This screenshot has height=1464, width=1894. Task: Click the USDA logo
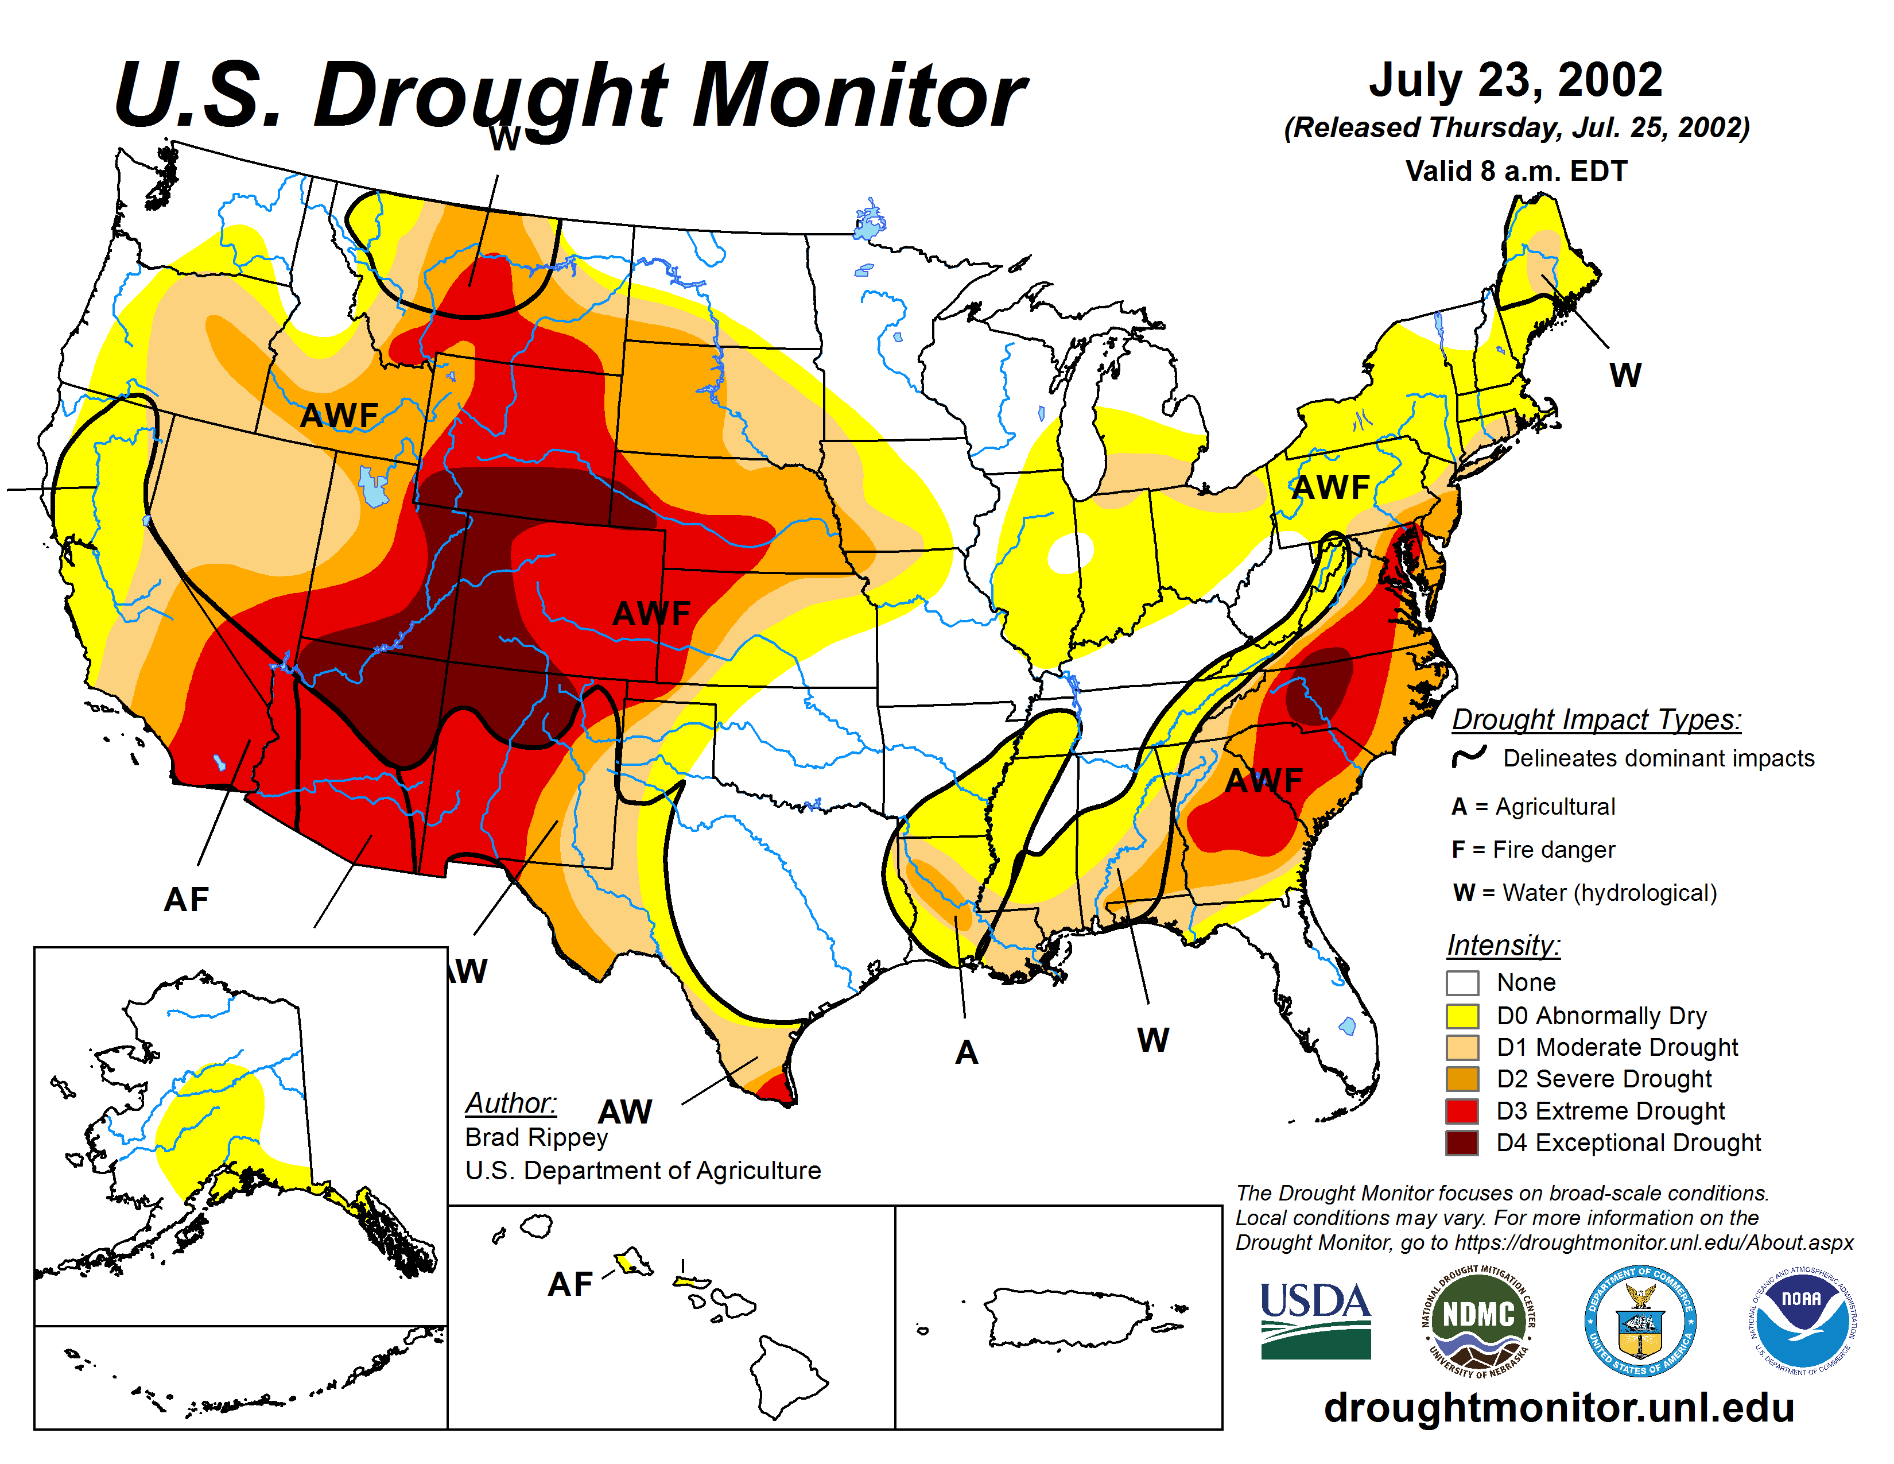click(x=1315, y=1320)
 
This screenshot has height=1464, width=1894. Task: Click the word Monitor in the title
click(x=859, y=95)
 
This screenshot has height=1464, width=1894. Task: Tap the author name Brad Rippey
click(x=536, y=1137)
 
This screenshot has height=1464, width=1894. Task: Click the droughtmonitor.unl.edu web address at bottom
click(x=1558, y=1407)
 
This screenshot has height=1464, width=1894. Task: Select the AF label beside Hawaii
click(x=570, y=1284)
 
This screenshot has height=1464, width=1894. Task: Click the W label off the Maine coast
click(x=1624, y=375)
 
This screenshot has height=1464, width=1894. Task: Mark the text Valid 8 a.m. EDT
click(x=1516, y=171)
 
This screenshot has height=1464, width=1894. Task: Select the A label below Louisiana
click(x=966, y=1052)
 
